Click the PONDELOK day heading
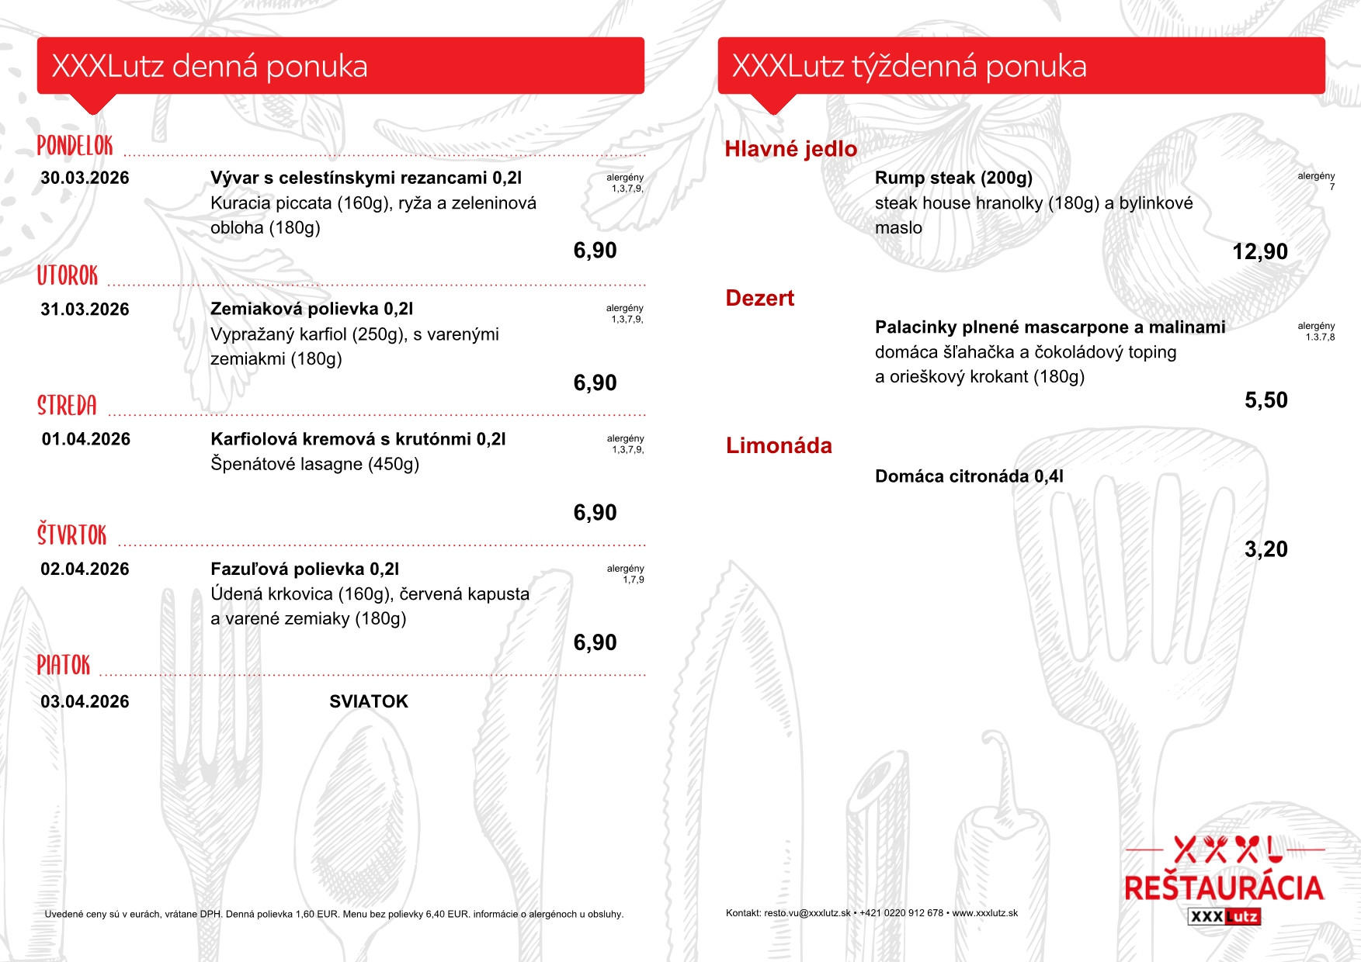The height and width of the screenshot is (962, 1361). [75, 146]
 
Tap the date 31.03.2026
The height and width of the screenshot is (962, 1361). [85, 310]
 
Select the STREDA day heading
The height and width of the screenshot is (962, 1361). [68, 406]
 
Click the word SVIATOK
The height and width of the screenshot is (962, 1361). [368, 701]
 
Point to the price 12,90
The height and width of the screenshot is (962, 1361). [1259, 251]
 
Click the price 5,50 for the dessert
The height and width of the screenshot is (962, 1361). [1266, 400]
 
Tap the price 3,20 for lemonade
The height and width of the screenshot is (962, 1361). [1266, 549]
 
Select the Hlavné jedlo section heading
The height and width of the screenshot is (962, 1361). [790, 149]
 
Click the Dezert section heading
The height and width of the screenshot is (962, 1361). [759, 298]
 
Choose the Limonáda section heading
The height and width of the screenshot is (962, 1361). [779, 446]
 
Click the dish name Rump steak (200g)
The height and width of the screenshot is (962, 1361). [953, 178]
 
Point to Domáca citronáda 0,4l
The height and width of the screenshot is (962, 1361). [969, 476]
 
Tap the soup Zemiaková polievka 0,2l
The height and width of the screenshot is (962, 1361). [311, 309]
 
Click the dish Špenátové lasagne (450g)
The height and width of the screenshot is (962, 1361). [314, 464]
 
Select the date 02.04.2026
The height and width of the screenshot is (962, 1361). [85, 569]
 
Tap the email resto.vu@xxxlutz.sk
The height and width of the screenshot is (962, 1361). [807, 913]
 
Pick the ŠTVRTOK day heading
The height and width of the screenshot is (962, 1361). [72, 535]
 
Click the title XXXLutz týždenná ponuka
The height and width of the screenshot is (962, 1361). [908, 67]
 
